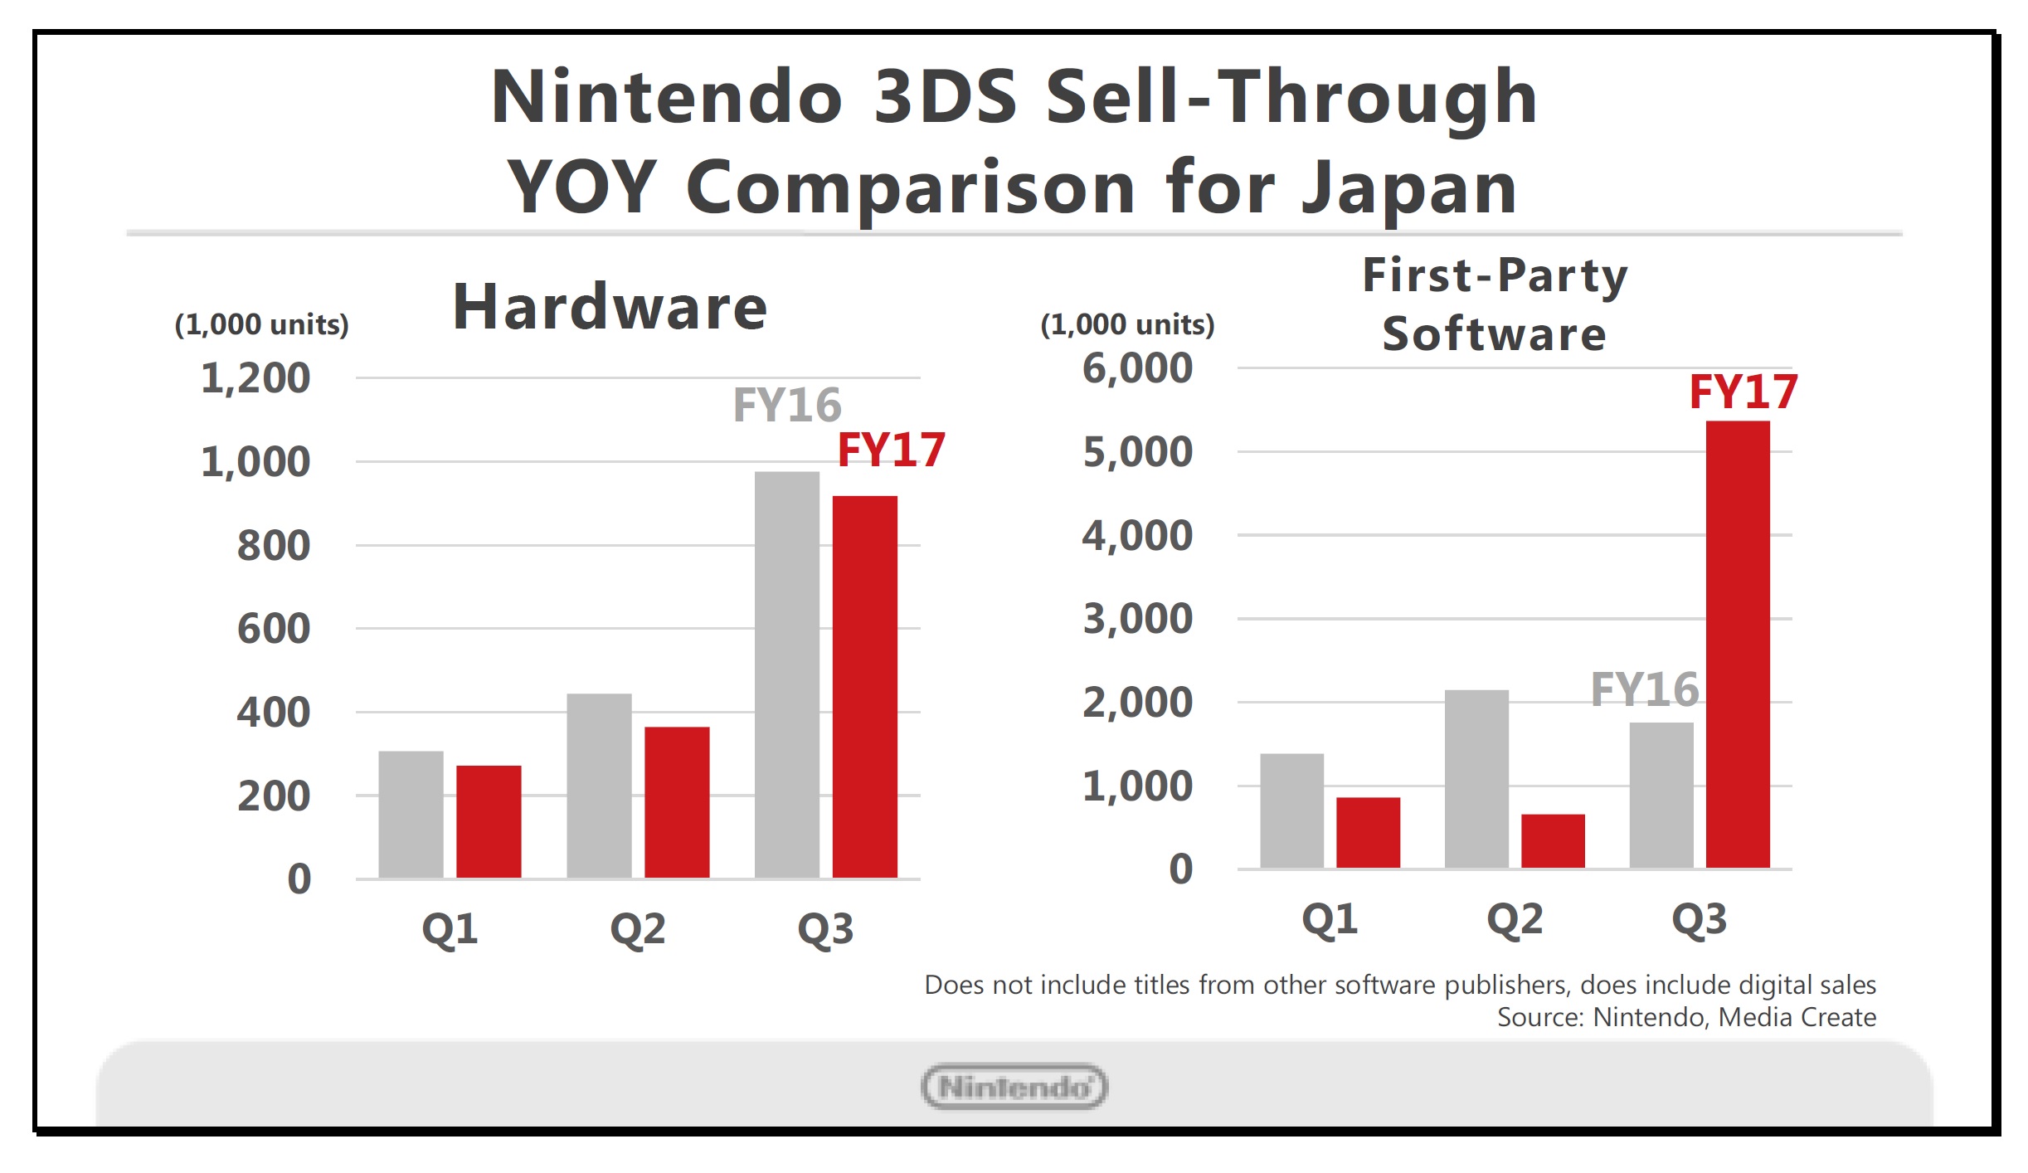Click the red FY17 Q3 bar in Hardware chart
tap(864, 686)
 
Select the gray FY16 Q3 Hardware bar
tap(786, 674)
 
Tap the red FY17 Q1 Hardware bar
tap(489, 820)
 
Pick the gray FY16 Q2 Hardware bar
tap(599, 785)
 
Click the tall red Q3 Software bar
tap(1737, 645)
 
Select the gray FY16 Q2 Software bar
tap(1476, 779)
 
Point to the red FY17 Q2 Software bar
tap(1553, 840)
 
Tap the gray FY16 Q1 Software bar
tap(1291, 810)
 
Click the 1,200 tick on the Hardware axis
tap(255, 378)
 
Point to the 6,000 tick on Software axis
tap(1137, 368)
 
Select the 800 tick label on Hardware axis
tap(274, 546)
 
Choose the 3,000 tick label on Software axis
tap(1137, 619)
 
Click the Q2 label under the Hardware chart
tap(637, 928)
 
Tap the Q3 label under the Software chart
tap(1699, 919)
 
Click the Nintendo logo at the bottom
tap(1014, 1087)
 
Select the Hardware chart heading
tap(610, 307)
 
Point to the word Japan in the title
tap(1409, 187)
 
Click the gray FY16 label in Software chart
tap(1644, 689)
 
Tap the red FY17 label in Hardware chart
tap(891, 450)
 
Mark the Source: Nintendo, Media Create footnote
tap(1685, 1017)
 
